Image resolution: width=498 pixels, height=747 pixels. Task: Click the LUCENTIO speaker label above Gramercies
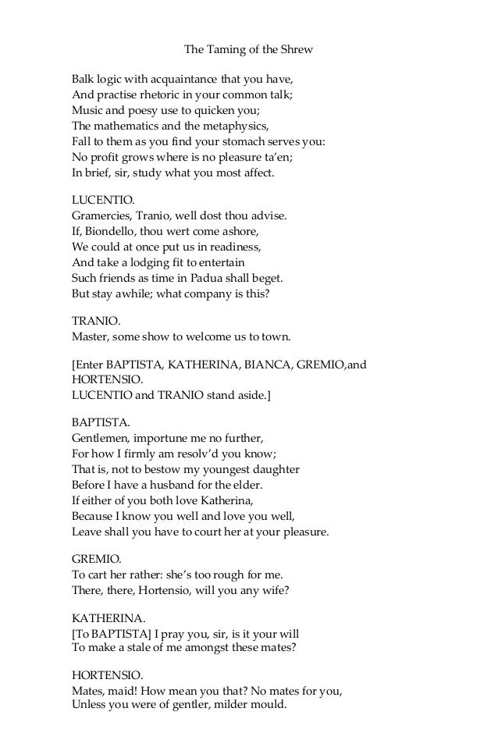click(97, 199)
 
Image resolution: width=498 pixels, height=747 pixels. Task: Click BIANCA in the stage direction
click(242, 365)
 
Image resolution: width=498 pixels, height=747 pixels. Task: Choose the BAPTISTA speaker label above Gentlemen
click(98, 422)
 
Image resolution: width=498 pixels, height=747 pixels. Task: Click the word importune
click(160, 439)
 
